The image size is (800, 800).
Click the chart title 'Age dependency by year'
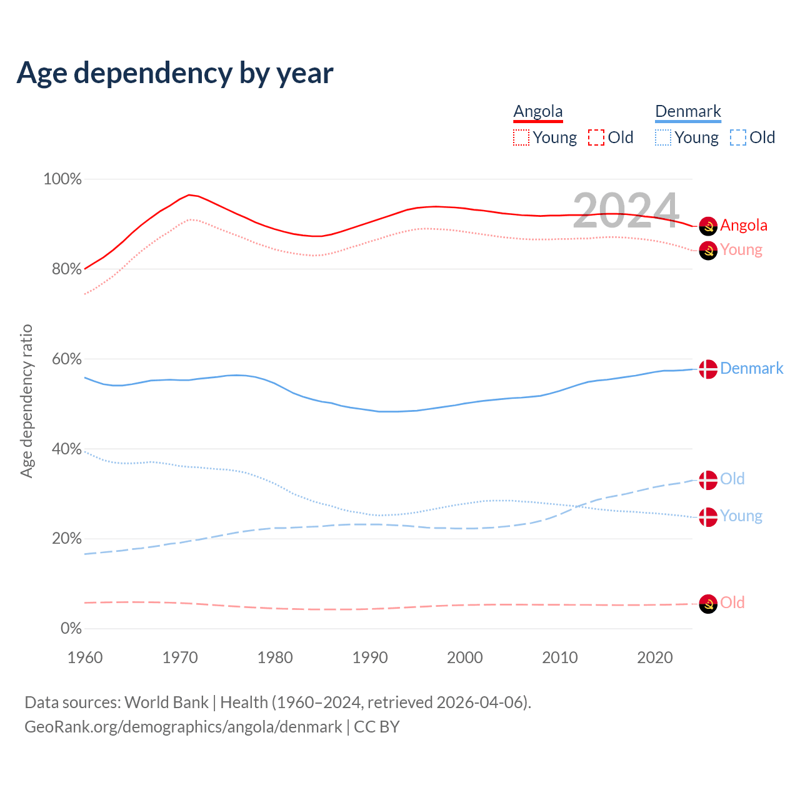[175, 73]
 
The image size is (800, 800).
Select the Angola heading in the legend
[538, 112]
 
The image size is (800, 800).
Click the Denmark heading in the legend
[687, 112]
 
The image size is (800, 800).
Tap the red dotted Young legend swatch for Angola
[521, 137]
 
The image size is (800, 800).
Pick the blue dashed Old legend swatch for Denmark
[738, 137]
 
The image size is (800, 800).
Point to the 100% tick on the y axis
[62, 179]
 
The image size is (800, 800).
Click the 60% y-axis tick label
[62, 359]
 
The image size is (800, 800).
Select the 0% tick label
[71, 629]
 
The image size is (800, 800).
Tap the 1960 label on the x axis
[85, 657]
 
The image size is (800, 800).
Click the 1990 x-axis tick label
[370, 657]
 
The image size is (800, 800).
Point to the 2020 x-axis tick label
[655, 657]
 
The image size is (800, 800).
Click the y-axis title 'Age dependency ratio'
[26, 401]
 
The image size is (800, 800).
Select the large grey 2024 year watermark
[626, 211]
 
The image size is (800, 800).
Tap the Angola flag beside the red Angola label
[707, 226]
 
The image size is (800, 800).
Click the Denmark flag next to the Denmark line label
[707, 369]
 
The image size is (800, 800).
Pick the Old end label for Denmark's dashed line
[732, 479]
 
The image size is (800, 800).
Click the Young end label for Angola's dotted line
[741, 250]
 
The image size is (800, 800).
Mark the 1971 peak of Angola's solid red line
[189, 195]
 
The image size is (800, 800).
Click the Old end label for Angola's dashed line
[732, 603]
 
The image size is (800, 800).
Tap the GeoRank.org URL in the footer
[183, 727]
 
